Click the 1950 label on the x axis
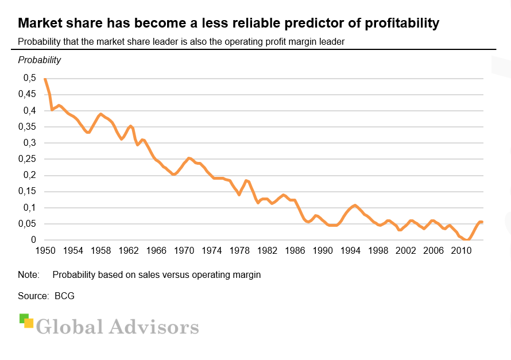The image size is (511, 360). (45, 251)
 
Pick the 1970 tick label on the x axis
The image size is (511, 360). (184, 251)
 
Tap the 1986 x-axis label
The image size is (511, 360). (296, 251)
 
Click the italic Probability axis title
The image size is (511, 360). (40, 60)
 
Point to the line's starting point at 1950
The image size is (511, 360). (45, 79)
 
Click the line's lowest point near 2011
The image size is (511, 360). (468, 239)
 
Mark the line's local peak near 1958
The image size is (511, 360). (101, 114)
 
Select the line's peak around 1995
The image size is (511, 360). (355, 205)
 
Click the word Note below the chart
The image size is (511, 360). (29, 275)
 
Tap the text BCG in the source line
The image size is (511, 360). (64, 296)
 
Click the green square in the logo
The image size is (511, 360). (24, 318)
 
